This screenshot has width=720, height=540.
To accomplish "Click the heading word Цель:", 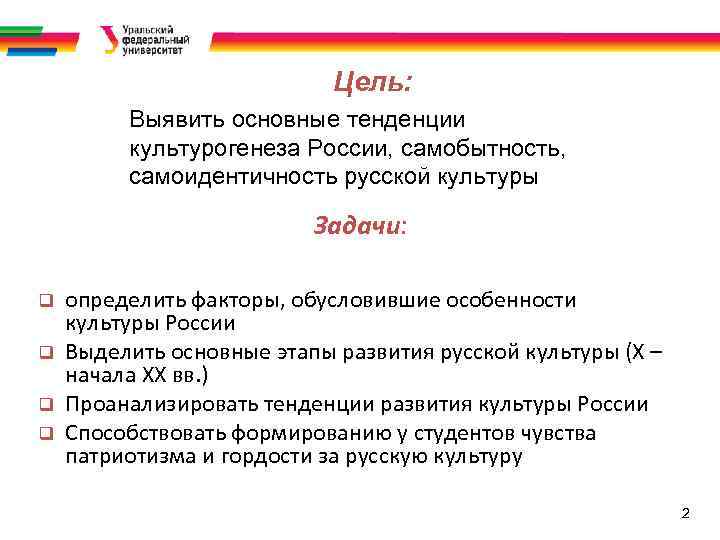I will click(372, 80).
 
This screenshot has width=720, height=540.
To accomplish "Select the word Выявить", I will click(177, 122).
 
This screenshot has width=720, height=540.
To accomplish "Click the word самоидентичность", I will click(223, 178).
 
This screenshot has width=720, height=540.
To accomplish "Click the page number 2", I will click(685, 513).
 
